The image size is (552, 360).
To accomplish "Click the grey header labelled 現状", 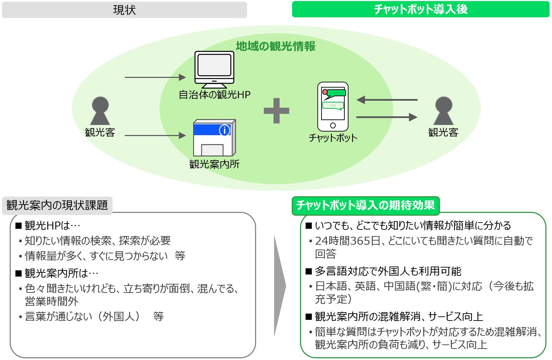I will click(124, 10).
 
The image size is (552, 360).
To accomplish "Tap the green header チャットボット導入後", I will click(420, 9).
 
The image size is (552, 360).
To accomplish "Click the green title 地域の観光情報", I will click(275, 46).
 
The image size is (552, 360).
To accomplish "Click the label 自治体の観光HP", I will click(215, 94).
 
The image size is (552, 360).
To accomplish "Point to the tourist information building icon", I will click(214, 138).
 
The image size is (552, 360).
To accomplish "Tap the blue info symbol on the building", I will click(225, 130).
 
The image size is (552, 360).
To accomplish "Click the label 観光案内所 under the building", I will click(214, 164).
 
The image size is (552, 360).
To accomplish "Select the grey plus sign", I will click(276, 111).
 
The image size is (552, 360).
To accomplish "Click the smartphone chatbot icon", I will click(333, 107).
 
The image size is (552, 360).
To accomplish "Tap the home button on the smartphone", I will click(333, 125).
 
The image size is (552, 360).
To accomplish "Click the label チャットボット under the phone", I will click(333, 138).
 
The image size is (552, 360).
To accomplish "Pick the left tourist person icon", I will click(100, 111).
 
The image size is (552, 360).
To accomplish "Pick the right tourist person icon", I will click(443, 111).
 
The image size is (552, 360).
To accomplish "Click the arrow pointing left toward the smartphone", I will click(387, 100).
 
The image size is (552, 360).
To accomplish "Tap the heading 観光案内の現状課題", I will click(57, 205).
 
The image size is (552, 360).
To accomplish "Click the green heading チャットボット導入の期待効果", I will click(365, 205).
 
